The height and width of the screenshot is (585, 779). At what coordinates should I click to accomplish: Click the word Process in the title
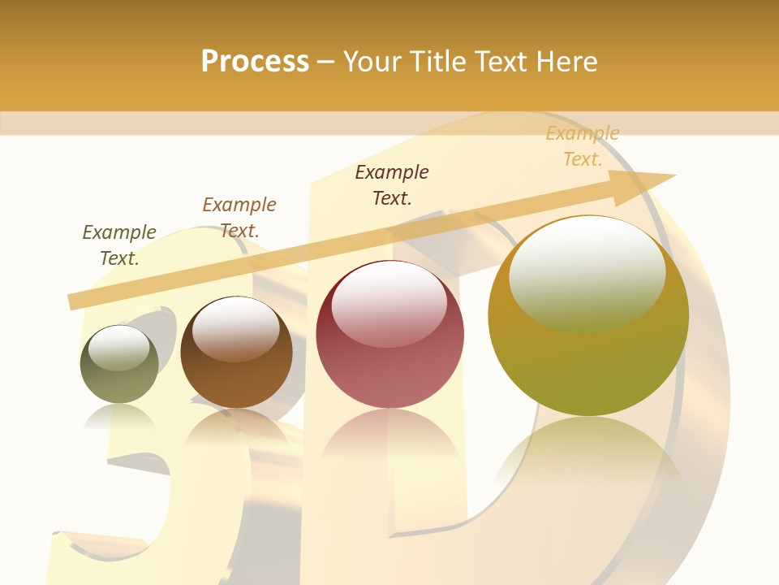[255, 62]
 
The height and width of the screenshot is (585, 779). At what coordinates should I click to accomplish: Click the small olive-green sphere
[119, 374]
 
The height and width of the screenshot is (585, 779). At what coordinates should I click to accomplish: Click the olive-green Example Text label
[119, 245]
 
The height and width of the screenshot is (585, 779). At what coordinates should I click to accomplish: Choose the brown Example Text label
[239, 218]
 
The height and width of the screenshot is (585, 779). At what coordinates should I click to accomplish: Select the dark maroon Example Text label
[392, 185]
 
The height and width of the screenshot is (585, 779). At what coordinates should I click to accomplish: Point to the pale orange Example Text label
[583, 146]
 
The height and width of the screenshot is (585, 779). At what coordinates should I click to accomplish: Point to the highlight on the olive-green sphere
[118, 348]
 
